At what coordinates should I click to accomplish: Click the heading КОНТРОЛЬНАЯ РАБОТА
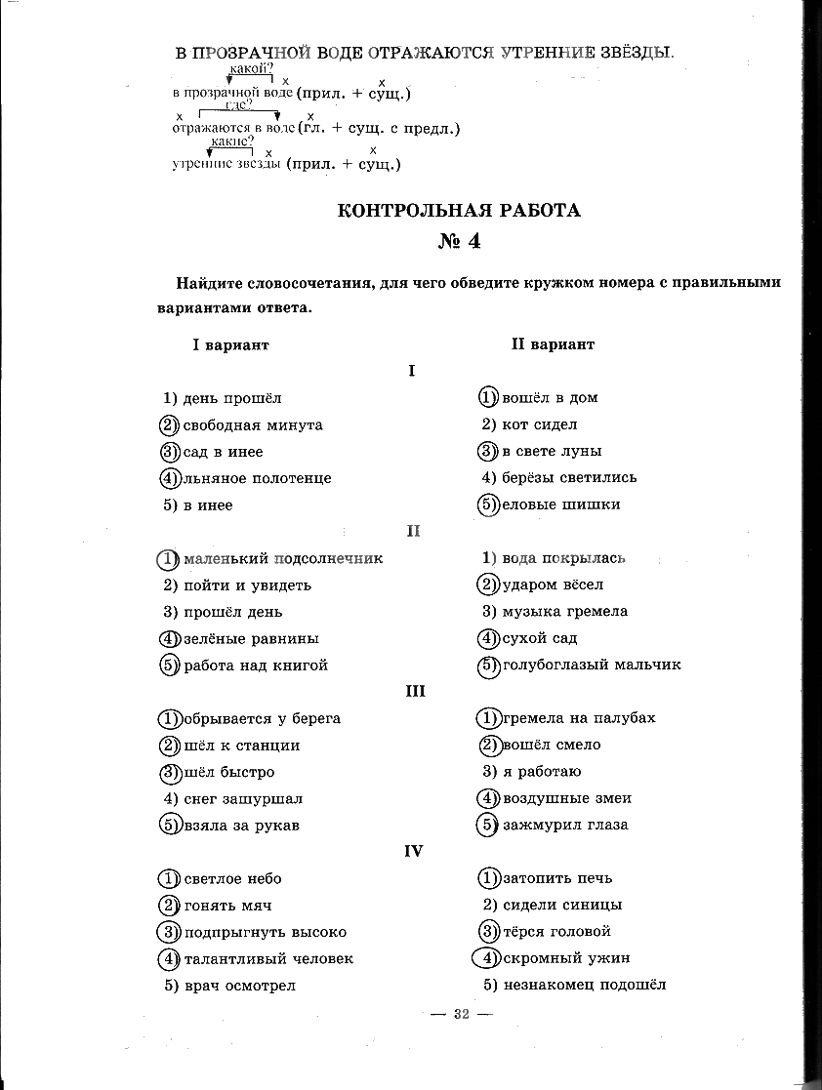(x=458, y=210)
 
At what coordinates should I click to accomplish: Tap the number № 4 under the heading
(x=459, y=241)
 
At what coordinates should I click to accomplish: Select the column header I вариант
(x=229, y=344)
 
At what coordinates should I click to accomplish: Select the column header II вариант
(x=553, y=344)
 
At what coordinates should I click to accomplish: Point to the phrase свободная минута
(x=253, y=425)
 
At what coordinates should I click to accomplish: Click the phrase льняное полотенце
(x=257, y=478)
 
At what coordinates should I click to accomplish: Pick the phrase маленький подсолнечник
(x=283, y=558)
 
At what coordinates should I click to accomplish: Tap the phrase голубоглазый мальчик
(x=592, y=665)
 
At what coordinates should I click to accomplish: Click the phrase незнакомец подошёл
(x=584, y=985)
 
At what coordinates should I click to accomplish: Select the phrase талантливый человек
(x=268, y=959)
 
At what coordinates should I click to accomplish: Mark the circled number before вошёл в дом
(x=488, y=397)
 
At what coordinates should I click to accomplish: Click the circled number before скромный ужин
(x=486, y=958)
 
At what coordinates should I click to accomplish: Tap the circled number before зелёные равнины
(x=169, y=639)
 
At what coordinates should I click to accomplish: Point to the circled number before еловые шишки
(x=488, y=505)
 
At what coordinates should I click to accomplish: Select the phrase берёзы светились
(x=569, y=477)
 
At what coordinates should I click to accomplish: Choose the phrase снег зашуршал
(x=243, y=798)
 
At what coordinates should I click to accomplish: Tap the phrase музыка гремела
(x=565, y=611)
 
